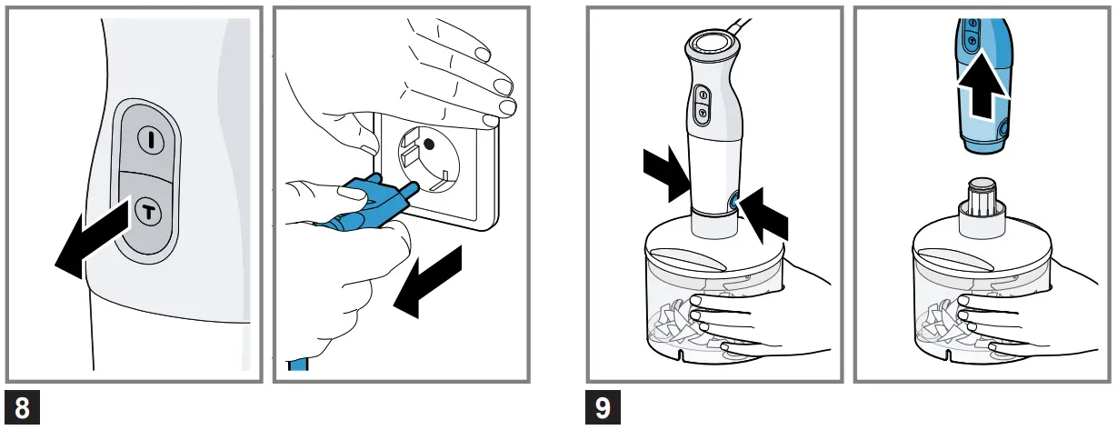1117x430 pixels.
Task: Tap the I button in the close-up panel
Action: coord(148,139)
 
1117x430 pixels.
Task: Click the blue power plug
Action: coord(368,205)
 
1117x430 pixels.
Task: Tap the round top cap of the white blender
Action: coord(712,44)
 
